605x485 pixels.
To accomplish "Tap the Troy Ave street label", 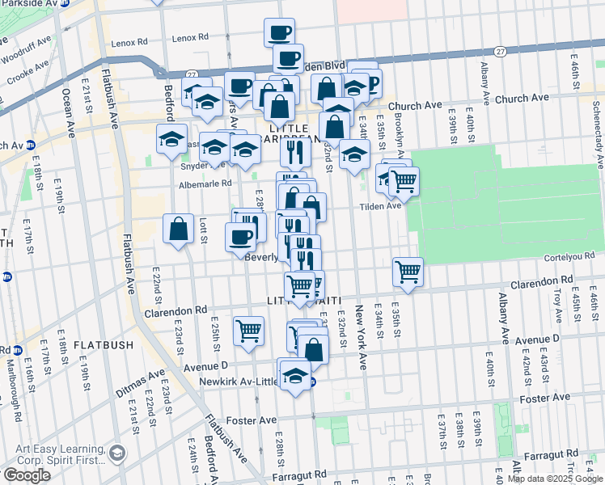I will click(557, 308).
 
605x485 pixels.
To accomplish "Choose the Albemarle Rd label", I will click(206, 183).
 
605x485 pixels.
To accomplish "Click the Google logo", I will click(26, 475).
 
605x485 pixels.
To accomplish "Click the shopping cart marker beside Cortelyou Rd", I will click(408, 272).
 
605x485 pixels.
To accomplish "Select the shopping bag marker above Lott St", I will click(178, 228).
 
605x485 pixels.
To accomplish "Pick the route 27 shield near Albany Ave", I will click(501, 50).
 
